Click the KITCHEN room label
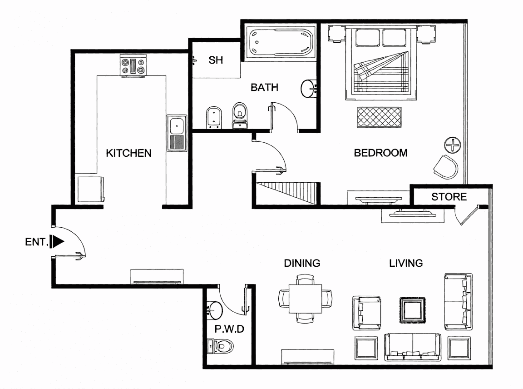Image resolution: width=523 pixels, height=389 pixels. click(x=129, y=153)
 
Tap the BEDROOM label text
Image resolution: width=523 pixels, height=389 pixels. click(x=380, y=153)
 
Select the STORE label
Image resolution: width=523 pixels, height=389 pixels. click(x=449, y=197)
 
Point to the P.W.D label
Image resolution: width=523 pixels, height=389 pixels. click(x=229, y=329)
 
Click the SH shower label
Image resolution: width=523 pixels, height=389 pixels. click(x=216, y=60)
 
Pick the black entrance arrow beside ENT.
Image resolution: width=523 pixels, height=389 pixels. click(x=57, y=241)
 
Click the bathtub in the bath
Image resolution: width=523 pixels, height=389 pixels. click(x=281, y=42)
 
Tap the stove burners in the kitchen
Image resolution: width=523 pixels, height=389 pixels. click(x=133, y=66)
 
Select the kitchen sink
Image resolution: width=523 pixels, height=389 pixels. click(x=177, y=133)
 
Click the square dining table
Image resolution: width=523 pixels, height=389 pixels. click(x=305, y=299)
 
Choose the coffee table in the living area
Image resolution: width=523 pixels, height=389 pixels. click(x=413, y=310)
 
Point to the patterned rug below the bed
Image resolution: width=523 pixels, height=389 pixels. click(x=379, y=117)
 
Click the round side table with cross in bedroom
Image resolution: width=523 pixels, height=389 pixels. click(x=453, y=145)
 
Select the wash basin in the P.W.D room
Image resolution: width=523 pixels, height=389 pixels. click(x=214, y=310)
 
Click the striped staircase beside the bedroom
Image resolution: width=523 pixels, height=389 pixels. click(x=286, y=193)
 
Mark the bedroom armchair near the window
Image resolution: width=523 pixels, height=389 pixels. click(x=446, y=167)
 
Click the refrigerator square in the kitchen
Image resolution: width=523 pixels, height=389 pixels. click(x=90, y=190)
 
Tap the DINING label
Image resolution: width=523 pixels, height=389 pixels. click(x=302, y=263)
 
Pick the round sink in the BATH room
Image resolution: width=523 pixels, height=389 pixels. click(x=309, y=89)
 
